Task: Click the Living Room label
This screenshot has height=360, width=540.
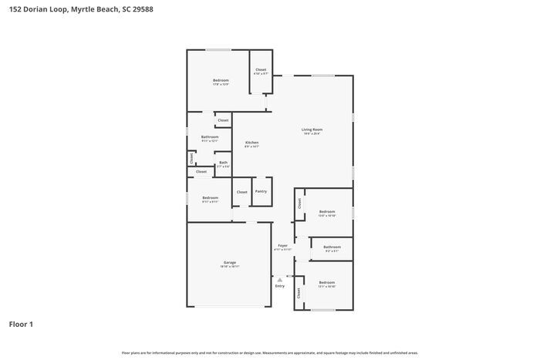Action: point(312,130)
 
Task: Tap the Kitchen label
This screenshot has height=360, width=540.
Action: point(251,143)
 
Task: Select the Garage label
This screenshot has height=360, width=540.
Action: point(229,262)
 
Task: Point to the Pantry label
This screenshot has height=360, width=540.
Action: point(262,191)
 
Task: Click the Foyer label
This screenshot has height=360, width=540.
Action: point(283,246)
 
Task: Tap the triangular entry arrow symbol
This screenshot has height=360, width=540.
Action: point(279,279)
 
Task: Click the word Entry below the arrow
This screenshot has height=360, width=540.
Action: point(279,286)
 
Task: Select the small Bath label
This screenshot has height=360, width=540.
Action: point(223,162)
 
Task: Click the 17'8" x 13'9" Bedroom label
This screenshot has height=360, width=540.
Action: point(221,80)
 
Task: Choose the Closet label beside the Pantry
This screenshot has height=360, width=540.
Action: point(241,191)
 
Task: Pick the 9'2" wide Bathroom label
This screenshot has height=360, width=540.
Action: point(332,247)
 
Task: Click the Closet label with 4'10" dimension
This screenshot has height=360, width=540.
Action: point(261,70)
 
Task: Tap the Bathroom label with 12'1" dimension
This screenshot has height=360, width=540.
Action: point(210,137)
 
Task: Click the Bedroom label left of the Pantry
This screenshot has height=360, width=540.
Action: point(210,198)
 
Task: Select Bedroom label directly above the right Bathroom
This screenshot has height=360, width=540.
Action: point(327,211)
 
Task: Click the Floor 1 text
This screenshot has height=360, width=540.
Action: point(21,324)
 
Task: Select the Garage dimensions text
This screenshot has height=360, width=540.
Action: point(229,267)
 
